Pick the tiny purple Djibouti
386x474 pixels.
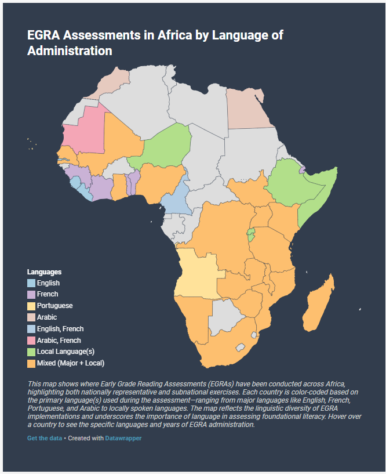302,169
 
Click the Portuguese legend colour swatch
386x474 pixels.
31,306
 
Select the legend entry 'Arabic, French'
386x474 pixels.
59,341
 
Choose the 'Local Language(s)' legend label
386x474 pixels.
65,352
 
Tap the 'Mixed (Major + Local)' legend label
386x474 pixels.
70,364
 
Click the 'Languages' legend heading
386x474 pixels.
44,272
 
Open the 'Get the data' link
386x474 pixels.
45,439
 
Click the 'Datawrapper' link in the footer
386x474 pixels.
123,439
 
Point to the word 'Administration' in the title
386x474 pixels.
70,51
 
